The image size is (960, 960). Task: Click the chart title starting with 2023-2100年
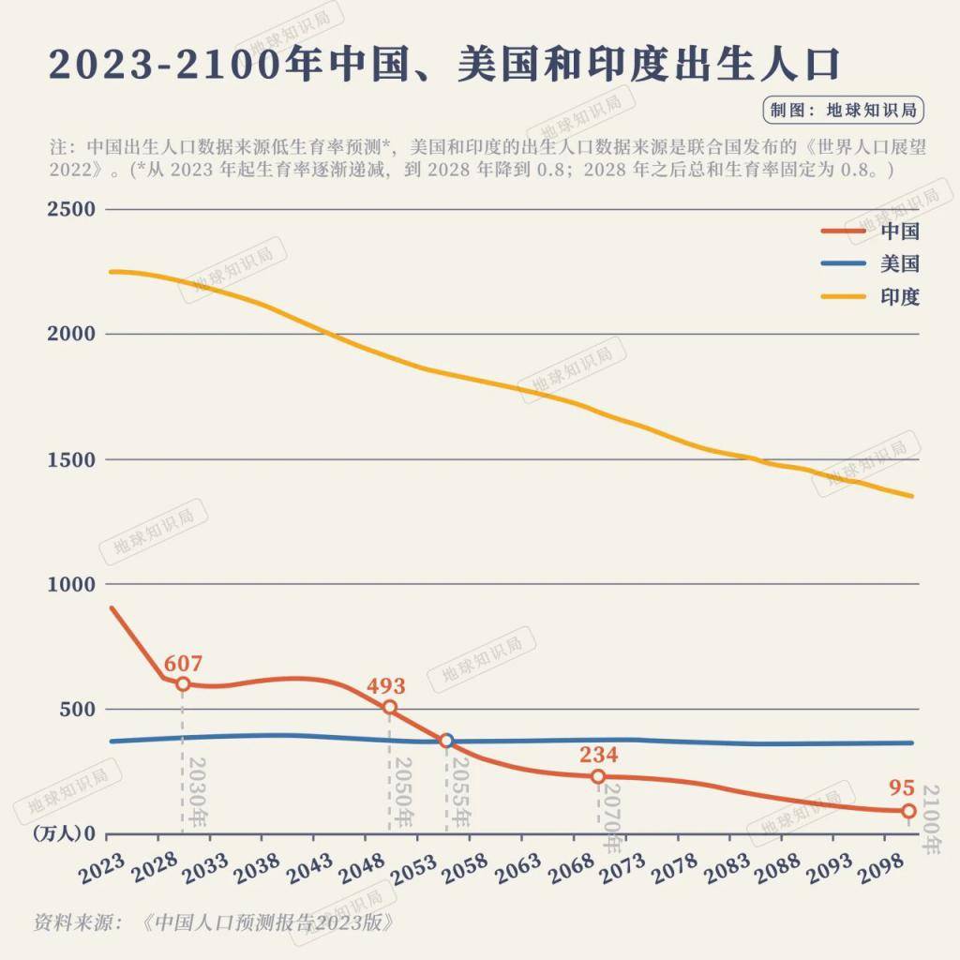coord(443,65)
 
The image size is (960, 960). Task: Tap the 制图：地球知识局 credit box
coord(843,110)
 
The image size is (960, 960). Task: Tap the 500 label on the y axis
coord(77,709)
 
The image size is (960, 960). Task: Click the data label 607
coord(183,664)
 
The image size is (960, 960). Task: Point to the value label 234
coord(598,755)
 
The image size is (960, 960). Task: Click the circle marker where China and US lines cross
coord(447,741)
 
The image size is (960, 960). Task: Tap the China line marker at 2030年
coord(182,684)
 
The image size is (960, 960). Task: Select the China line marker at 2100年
coord(908,811)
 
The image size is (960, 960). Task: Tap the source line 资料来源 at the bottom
coord(211,922)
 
